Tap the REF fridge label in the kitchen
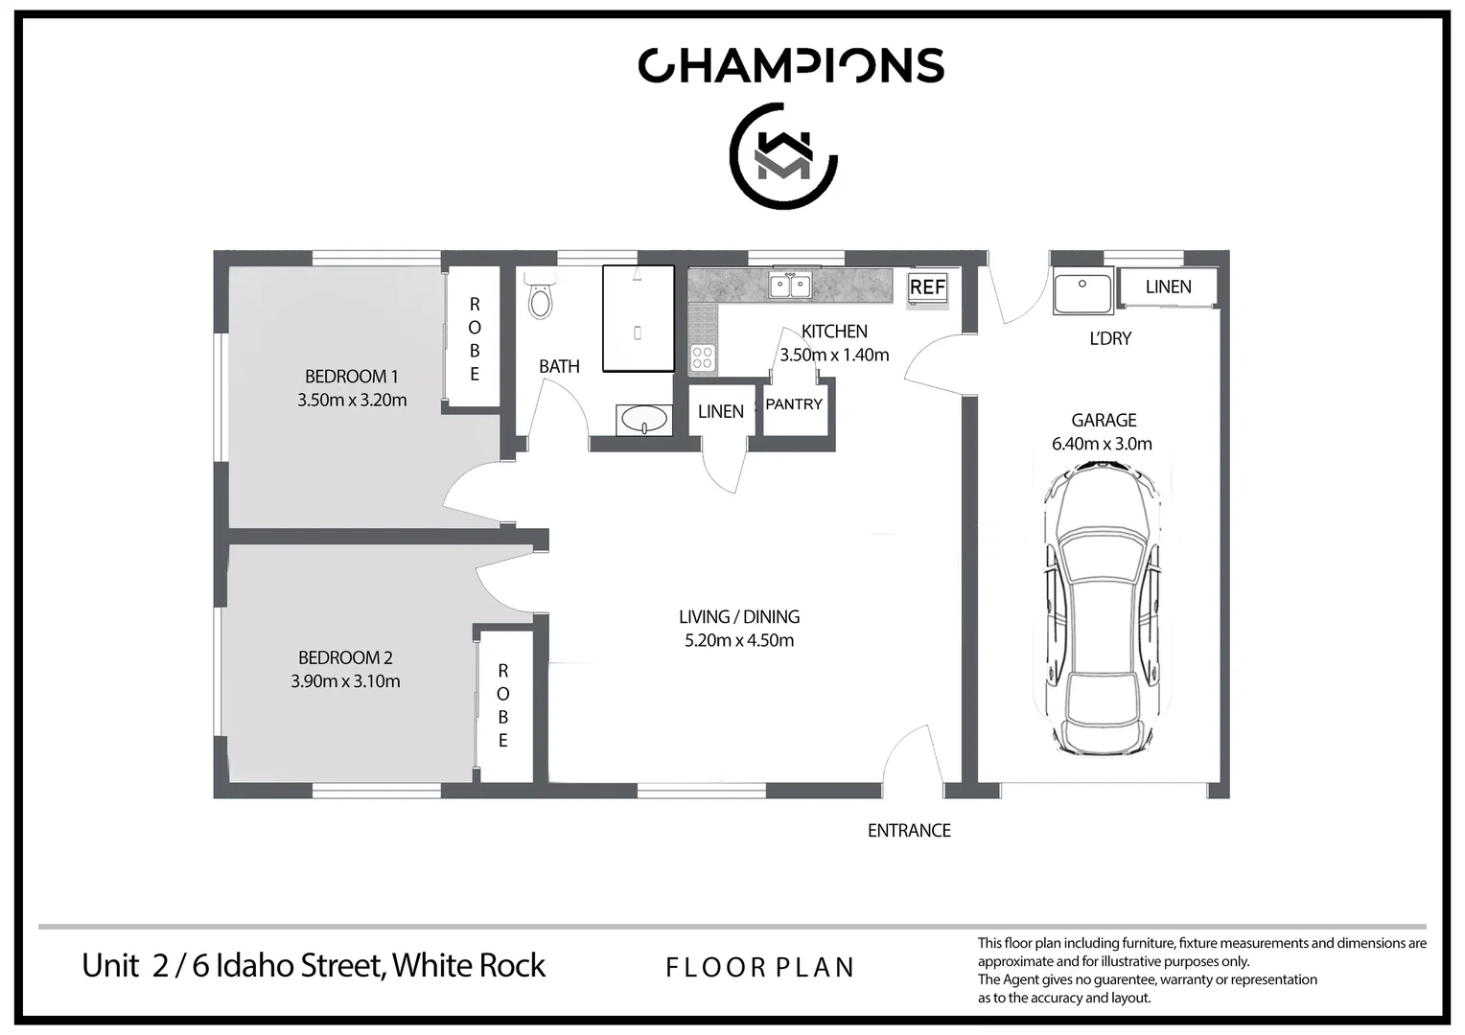[x=927, y=287]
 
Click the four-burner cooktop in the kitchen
[x=703, y=357]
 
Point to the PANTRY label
[x=794, y=404]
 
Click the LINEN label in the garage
[x=1168, y=287]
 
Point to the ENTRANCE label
[x=909, y=831]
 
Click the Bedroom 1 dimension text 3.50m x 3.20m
[x=352, y=401]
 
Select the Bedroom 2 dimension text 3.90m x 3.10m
[x=345, y=681]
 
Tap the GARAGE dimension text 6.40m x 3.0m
[x=1102, y=444]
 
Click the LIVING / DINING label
[x=739, y=617]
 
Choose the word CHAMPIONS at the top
[x=791, y=65]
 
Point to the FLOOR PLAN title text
[x=759, y=968]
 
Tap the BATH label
[x=559, y=366]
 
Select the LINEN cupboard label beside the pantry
[x=721, y=411]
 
